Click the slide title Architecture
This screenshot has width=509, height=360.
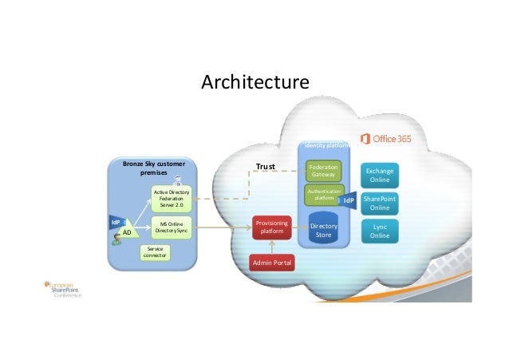coord(254,83)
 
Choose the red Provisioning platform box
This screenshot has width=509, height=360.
coord(271,227)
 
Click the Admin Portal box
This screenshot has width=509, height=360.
coord(271,263)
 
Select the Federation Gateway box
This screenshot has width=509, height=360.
coord(324,172)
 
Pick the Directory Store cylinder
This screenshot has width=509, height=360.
coord(324,227)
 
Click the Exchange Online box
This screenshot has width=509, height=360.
coord(380,176)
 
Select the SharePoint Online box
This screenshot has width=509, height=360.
coord(380,203)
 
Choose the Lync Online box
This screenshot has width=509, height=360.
coord(380,231)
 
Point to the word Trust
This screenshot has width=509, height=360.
coord(265,167)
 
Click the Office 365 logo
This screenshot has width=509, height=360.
coord(386,139)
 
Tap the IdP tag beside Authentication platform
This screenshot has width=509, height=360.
coord(349,201)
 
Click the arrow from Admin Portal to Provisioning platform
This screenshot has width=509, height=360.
coord(271,247)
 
